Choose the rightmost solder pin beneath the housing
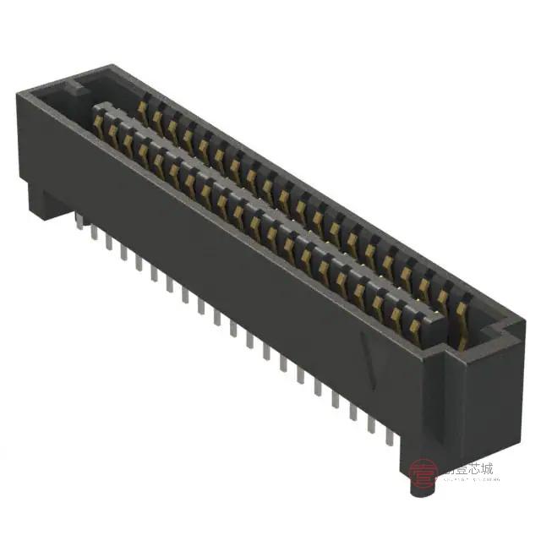(x=388, y=436)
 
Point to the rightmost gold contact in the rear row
(x=461, y=311)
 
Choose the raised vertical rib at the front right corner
(x=440, y=397)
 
